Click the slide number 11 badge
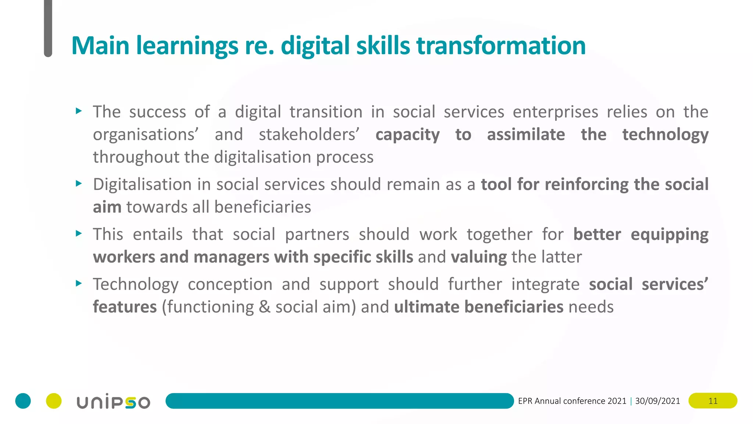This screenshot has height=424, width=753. coord(713,401)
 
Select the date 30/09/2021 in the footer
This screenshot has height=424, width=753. coord(657,401)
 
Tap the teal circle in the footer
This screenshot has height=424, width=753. coord(23,401)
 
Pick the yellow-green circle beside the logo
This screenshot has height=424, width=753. coord(54,401)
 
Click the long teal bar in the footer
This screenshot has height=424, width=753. coord(339,401)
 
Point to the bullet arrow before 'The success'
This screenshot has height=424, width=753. coord(78,111)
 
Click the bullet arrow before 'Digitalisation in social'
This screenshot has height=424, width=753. coord(78,183)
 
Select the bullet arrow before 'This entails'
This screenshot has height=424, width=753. coord(78,233)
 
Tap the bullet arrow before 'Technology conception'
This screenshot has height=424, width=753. coord(78,283)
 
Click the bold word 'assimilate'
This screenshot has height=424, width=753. coord(526,134)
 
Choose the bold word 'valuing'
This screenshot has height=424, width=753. coord(479,257)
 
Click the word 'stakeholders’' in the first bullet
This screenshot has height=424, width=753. coord(309,134)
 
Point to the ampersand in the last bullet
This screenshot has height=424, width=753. coord(264,307)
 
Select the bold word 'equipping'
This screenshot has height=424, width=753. coord(669,235)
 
